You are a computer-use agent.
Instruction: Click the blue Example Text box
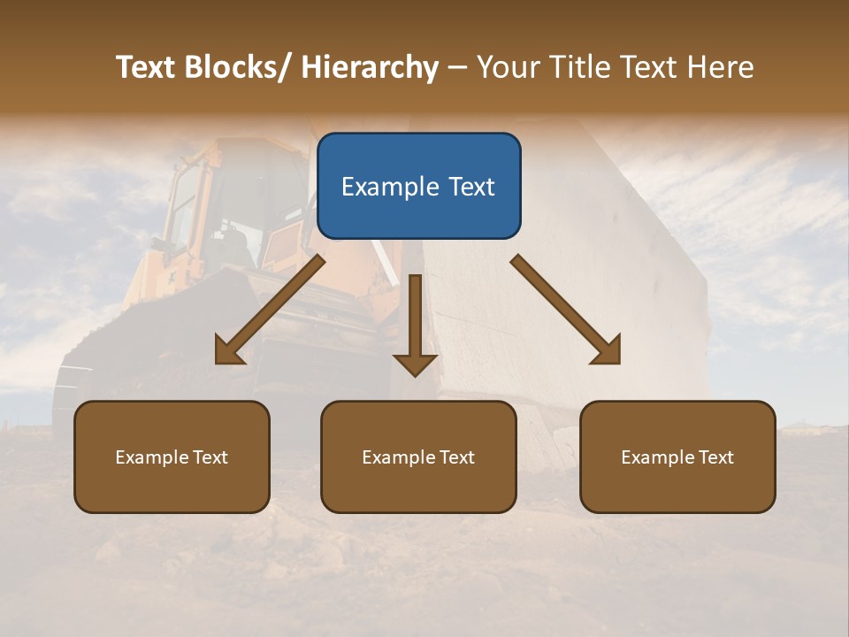tap(418, 186)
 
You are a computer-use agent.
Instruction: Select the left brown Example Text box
tap(172, 457)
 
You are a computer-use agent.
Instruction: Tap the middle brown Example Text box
tap(418, 457)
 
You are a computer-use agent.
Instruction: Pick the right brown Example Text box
tap(677, 457)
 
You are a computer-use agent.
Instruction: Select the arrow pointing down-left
tap(271, 310)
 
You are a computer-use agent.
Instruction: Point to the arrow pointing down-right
tap(566, 310)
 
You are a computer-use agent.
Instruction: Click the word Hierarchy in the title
tap(370, 67)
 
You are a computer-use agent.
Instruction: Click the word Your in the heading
tap(508, 67)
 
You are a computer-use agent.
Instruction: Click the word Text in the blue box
tap(471, 187)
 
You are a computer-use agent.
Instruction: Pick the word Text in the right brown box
tap(715, 457)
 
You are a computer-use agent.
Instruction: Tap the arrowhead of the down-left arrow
tap(228, 351)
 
